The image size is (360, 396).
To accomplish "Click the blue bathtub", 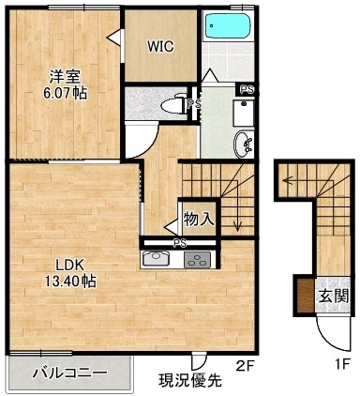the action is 227,25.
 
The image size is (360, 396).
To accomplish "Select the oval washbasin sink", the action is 243,145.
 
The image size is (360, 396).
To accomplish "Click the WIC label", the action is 160,47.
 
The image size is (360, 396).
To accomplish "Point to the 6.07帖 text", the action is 65,93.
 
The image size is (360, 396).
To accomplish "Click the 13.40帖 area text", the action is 70,282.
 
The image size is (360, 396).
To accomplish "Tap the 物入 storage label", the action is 199,219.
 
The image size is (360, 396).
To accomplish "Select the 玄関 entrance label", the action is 333,296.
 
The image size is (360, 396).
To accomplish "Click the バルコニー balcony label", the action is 70,373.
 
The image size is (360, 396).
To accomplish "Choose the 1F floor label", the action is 341,364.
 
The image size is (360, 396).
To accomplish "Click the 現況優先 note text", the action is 190,380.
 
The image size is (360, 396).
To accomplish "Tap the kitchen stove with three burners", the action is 197,260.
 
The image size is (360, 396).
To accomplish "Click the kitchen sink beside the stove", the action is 157,259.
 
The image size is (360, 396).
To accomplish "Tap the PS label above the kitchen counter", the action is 180,243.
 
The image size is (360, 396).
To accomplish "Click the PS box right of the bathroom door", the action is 247,89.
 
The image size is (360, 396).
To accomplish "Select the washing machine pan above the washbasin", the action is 243,113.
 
